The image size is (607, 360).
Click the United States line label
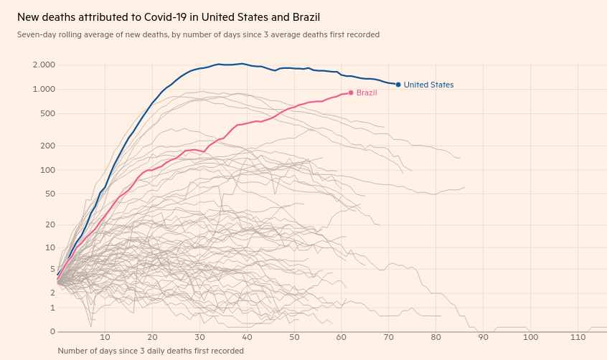[428, 85]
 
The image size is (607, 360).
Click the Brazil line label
[367, 93]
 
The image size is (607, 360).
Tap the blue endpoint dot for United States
[398, 85]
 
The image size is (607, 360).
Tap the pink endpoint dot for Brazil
[351, 93]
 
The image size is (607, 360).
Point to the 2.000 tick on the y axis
[44, 65]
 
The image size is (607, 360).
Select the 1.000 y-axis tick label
[44, 89]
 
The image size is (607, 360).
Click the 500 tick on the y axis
[48, 113]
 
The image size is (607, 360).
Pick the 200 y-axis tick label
[48, 146]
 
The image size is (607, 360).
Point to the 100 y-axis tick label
[48, 170]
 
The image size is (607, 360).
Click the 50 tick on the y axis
[50, 194]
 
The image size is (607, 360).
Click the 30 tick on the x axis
[199, 337]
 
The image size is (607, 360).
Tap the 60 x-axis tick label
[342, 337]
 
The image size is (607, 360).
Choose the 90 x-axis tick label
[484, 337]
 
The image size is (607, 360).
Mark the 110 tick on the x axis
[578, 337]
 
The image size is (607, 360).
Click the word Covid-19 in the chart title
[152, 16]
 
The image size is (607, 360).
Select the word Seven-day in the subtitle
[36, 34]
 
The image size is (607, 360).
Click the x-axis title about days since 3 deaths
[151, 351]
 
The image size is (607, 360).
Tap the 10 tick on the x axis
[105, 337]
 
